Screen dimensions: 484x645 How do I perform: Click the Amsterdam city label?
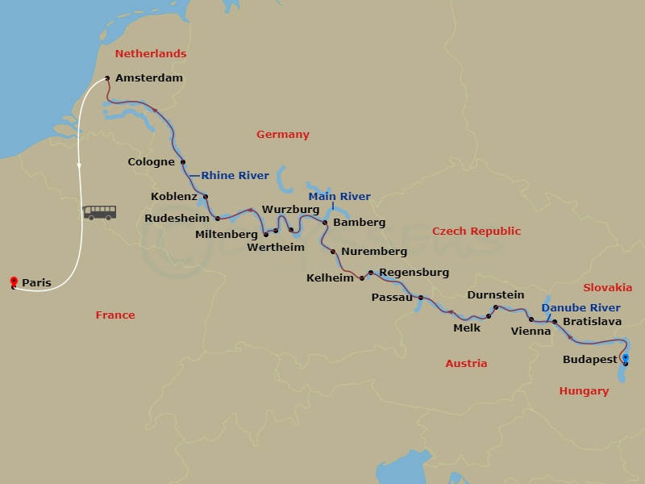(x=149, y=78)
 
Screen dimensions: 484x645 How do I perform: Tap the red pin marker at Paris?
(x=13, y=282)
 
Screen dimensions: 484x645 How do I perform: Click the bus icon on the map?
(x=100, y=212)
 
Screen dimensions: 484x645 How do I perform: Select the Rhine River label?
(x=235, y=175)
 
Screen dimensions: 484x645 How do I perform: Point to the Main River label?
(x=339, y=196)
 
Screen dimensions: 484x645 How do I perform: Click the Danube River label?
(x=580, y=308)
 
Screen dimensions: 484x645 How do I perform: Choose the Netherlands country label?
(x=151, y=54)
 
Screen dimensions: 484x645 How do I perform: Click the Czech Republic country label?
(x=476, y=232)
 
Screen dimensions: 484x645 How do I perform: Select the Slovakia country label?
(x=607, y=288)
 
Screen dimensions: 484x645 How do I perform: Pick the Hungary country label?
(x=584, y=391)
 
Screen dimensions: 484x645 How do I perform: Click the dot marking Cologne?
(x=183, y=162)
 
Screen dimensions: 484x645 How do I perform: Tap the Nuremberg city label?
(x=374, y=252)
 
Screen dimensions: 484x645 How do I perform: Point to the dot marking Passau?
(x=421, y=298)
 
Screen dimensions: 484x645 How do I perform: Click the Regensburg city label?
(x=414, y=273)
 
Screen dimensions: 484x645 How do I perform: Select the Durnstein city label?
(x=495, y=295)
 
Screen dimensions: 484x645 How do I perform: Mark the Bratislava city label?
(x=592, y=321)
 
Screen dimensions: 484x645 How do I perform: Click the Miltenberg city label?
(x=227, y=235)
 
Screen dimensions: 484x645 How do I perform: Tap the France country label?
(x=115, y=315)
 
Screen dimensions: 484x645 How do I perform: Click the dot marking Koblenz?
(x=206, y=197)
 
